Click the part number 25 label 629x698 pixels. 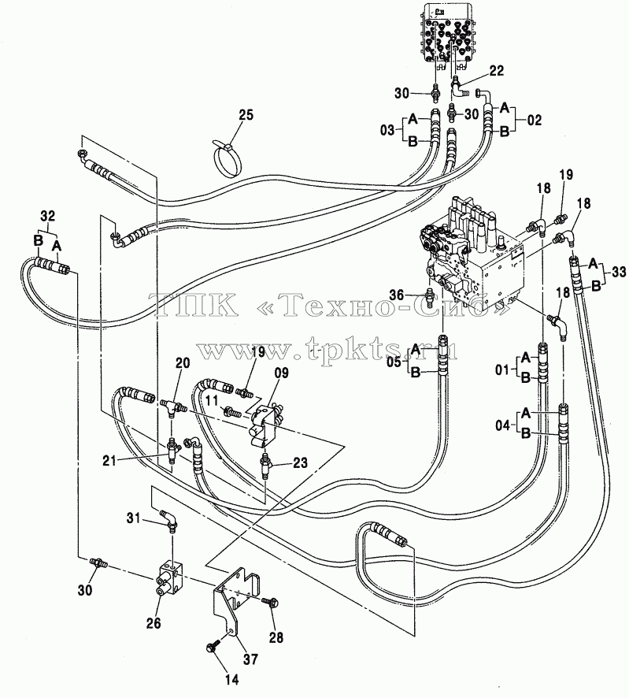click(245, 115)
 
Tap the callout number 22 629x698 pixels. click(496, 70)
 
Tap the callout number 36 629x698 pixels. click(397, 294)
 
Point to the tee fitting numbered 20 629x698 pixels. click(173, 407)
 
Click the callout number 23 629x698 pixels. click(300, 463)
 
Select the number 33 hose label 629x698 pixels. click(620, 272)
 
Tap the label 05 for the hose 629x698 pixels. click(394, 362)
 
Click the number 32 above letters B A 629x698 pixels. click(47, 217)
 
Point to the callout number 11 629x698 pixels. click(213, 401)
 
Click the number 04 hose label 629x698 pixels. click(503, 425)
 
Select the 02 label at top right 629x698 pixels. click(535, 121)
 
